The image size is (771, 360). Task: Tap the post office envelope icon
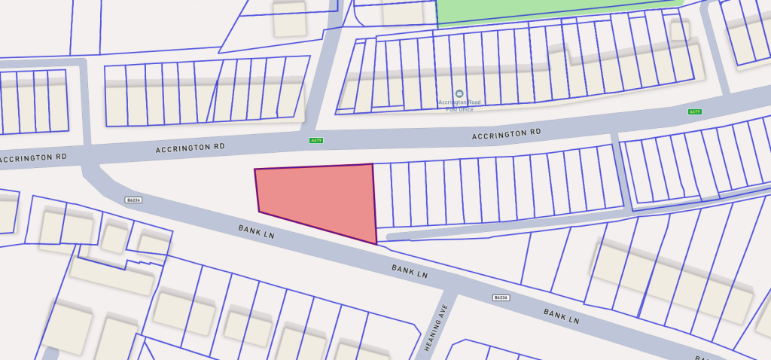460,94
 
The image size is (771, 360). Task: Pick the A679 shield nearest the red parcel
315,140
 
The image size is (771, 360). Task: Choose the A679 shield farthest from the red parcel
694,111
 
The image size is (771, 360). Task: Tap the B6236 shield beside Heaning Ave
501,297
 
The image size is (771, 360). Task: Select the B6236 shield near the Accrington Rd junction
133,200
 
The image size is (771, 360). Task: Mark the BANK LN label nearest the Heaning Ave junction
410,271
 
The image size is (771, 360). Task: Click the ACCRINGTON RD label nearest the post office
506,134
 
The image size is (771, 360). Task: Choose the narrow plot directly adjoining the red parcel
382,195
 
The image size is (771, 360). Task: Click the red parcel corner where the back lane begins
376,243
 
